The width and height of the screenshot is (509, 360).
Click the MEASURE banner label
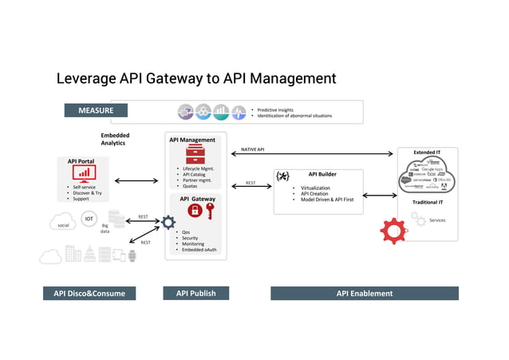click(95, 111)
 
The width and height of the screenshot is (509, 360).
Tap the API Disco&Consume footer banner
click(89, 293)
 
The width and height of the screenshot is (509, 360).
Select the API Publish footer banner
click(195, 293)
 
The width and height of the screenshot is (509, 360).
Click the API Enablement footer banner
click(364, 293)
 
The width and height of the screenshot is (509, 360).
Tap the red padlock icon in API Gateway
click(194, 211)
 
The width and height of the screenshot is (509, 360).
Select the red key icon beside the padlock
click(210, 212)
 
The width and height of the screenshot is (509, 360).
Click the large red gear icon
click(393, 230)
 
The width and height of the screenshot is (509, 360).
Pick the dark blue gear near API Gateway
click(168, 223)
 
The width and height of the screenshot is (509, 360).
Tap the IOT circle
click(89, 218)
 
